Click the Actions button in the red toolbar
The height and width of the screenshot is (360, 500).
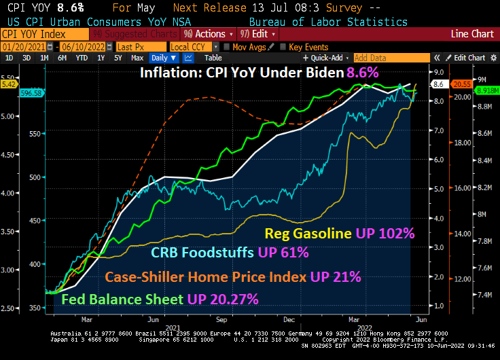[211, 33]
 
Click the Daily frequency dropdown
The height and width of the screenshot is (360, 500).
[163, 58]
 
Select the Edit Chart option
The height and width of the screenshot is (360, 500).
[469, 58]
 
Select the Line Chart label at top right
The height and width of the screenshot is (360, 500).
[473, 33]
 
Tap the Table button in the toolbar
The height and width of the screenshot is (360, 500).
[213, 58]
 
